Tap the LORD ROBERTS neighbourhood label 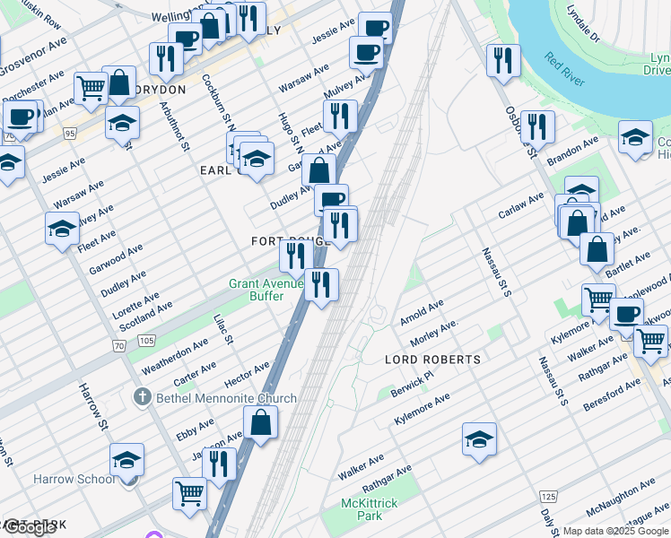click(432, 360)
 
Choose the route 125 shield click(549, 496)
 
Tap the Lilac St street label click(223, 329)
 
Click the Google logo click(31, 527)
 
